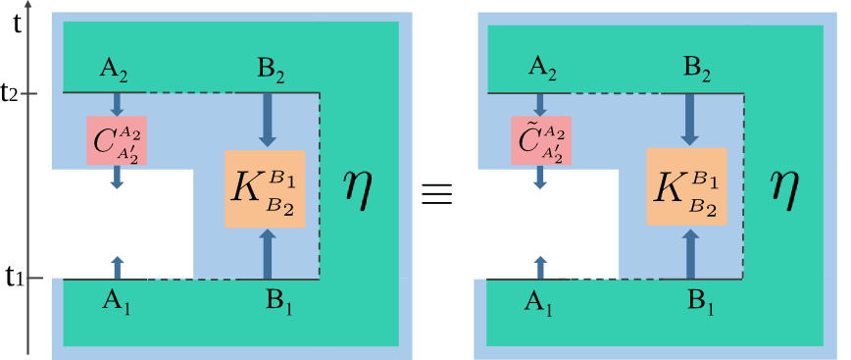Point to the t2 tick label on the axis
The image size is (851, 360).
tap(12, 94)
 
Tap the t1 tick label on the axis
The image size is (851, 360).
tap(12, 278)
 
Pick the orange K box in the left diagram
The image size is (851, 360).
tap(265, 189)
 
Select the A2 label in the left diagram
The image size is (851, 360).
tap(116, 68)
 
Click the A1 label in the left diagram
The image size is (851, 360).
tap(117, 302)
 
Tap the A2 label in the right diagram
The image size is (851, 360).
tap(539, 68)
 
